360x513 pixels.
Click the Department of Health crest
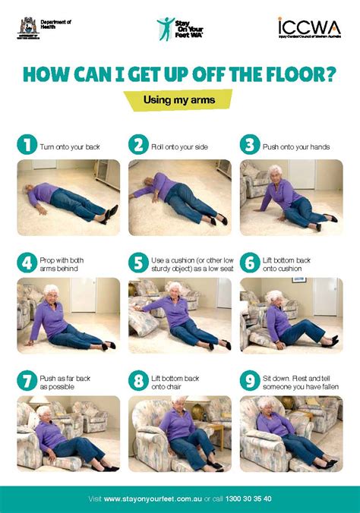click(x=27, y=27)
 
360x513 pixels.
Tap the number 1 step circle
click(x=27, y=145)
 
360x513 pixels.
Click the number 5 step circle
click(x=137, y=263)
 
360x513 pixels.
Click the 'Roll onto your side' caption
click(x=180, y=146)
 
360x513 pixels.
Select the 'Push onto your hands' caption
click(x=296, y=146)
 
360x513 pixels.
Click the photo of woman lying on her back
click(x=68, y=197)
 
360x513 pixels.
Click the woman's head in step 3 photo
click(x=275, y=172)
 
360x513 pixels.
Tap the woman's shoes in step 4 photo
click(x=107, y=345)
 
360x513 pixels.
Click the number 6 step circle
click(x=249, y=263)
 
